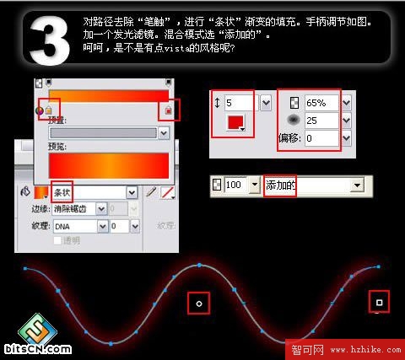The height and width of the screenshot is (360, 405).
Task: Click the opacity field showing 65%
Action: [320, 102]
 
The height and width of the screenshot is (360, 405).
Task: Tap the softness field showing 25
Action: [320, 120]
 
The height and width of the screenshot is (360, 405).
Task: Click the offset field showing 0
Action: [320, 137]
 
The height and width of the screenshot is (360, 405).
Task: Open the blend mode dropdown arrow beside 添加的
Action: [357, 184]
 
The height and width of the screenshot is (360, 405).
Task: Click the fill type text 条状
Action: [62, 192]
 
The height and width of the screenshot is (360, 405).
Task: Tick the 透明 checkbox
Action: [57, 240]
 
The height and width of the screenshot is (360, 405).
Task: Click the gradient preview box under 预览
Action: [110, 164]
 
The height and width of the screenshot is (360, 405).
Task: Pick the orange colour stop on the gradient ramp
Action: [48, 110]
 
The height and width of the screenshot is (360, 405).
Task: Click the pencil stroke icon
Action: [151, 192]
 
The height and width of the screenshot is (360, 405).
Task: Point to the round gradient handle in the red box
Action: [199, 302]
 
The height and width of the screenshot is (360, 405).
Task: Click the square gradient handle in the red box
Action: [379, 302]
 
